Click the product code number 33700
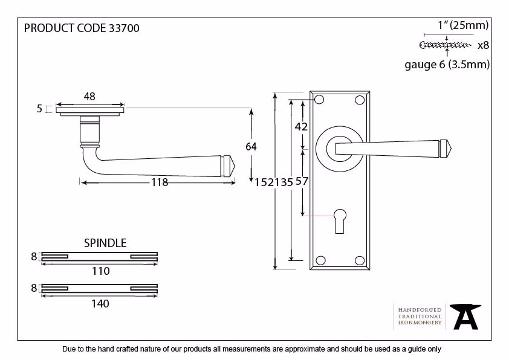[124, 28]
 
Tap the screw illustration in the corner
[446, 45]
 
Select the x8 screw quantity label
[483, 45]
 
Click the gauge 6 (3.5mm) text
[447, 65]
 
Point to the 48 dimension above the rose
[89, 96]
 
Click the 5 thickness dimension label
[39, 109]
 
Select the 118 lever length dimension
[160, 182]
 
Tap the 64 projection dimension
[251, 147]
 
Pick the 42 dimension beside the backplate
[301, 126]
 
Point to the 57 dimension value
[302, 181]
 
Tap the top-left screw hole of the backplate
[319, 100]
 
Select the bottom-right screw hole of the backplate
[360, 260]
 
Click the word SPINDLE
[105, 243]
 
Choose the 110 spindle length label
[100, 271]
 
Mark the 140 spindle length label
[100, 304]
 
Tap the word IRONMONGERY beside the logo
[420, 323]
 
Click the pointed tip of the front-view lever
[451, 149]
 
